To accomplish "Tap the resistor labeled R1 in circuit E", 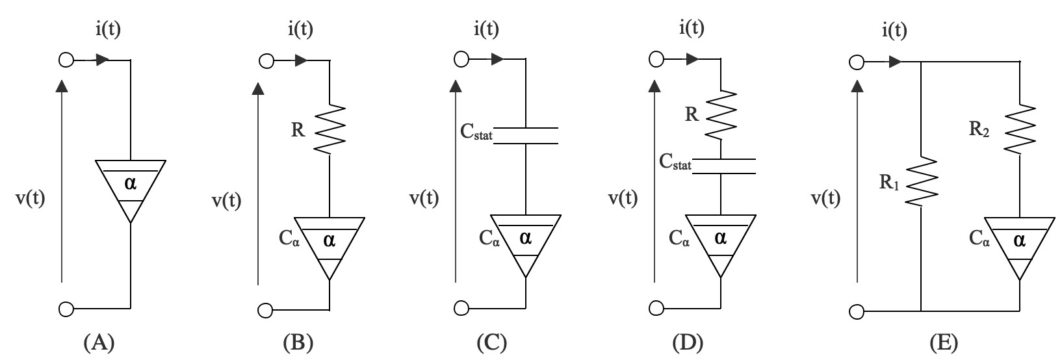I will (922, 181).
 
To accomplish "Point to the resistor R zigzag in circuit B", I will (331, 129).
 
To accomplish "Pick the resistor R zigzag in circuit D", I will (721, 115).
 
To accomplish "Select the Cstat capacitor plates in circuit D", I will (721, 166).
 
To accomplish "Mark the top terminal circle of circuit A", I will (65, 60).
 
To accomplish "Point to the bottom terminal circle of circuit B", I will (265, 310).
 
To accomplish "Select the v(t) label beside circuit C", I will (423, 198).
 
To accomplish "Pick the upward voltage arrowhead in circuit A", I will (62, 86).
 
